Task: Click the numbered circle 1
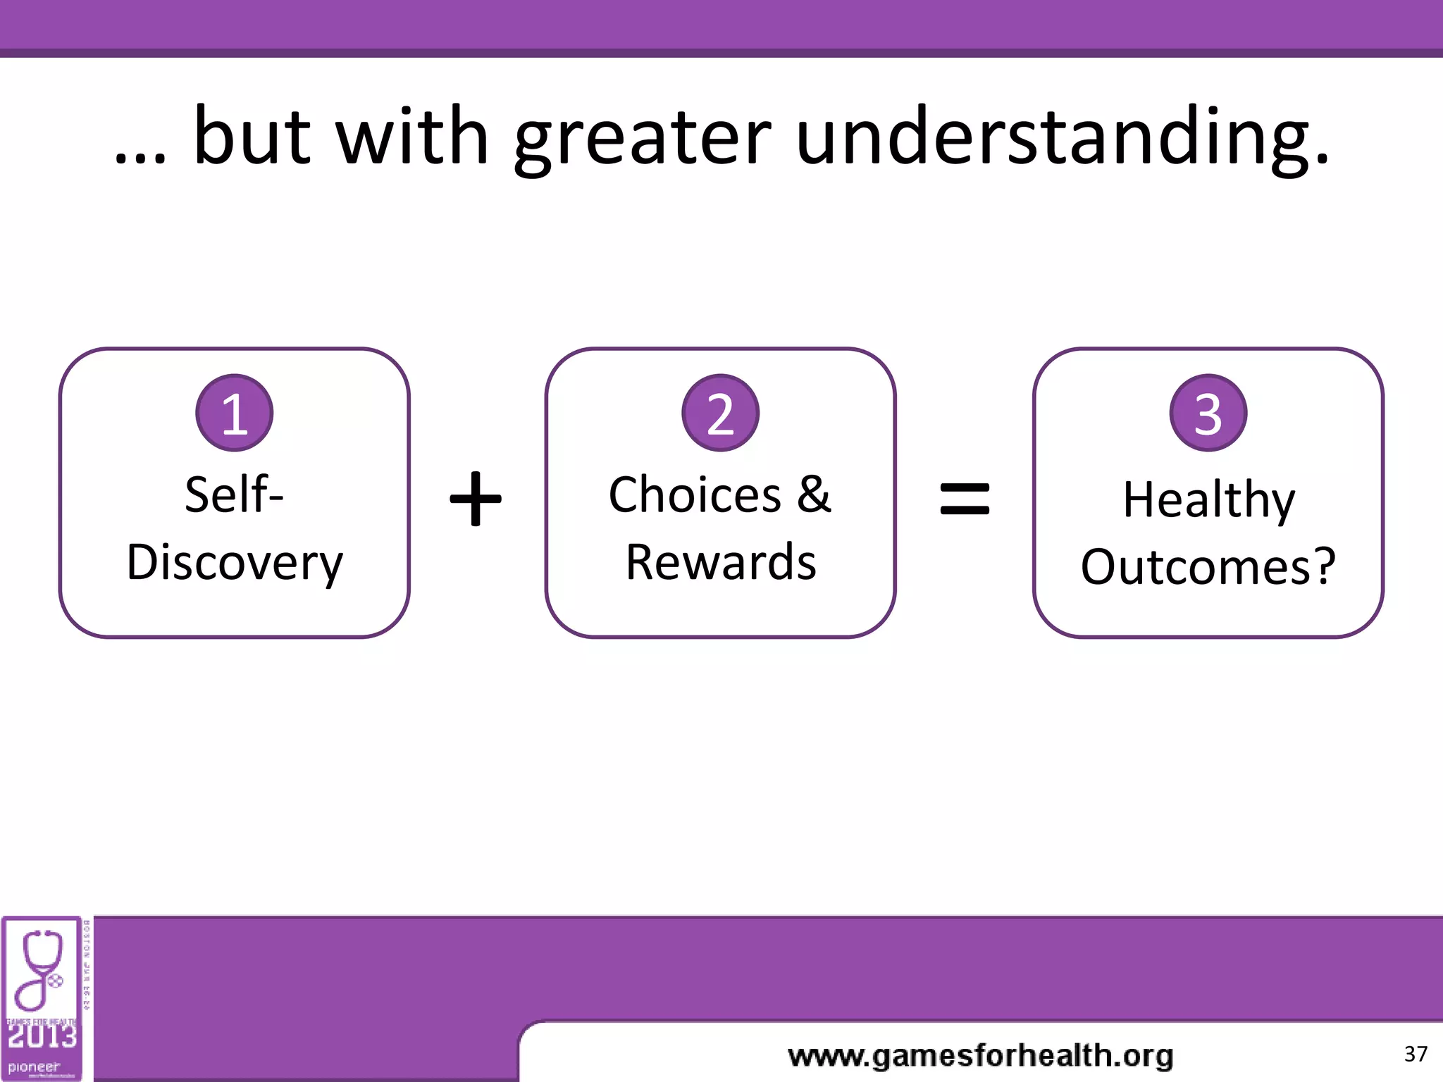pos(234,413)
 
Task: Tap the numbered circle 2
pos(720,413)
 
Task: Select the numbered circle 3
pos(1208,413)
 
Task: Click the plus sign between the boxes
pos(476,499)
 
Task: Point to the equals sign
pos(965,499)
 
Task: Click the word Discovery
pos(235,563)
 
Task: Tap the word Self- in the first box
pos(234,495)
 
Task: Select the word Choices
pos(695,495)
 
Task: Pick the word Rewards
pos(721,563)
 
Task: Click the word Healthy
pos(1208,500)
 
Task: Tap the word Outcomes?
pos(1208,567)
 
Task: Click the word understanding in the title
pos(1062,137)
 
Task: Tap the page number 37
pos(1416,1055)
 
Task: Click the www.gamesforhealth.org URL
pos(980,1056)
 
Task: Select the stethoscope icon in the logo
pos(41,969)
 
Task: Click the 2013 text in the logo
pos(42,1036)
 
